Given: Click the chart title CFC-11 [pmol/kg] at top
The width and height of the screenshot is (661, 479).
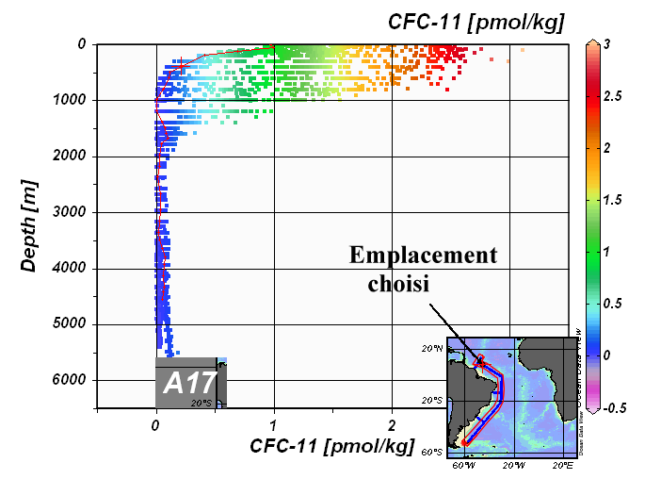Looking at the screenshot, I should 476,22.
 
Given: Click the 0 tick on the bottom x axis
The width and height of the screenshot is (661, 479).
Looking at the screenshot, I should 155,425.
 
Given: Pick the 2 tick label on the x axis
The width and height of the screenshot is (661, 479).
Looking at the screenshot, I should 391,425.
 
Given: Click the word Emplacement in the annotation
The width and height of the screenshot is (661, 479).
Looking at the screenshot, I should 423,256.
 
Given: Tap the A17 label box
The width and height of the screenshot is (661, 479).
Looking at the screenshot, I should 190,383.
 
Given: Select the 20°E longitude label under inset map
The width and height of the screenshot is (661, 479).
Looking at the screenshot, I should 561,464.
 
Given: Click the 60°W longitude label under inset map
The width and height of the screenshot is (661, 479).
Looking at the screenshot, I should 461,464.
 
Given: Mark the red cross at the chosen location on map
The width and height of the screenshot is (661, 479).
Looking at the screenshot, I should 480,360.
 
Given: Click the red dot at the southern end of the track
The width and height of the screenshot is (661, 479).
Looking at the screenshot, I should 463,442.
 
